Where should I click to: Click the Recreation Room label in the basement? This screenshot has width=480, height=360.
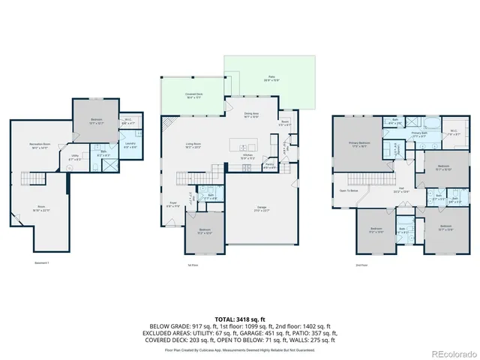click(40, 146)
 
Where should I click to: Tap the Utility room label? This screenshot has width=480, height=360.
click(75, 158)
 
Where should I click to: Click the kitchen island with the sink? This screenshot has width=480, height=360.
click(244, 142)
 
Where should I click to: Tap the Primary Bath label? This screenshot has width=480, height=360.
click(418, 135)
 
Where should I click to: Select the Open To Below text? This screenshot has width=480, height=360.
click(348, 190)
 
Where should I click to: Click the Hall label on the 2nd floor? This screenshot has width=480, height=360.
click(401, 188)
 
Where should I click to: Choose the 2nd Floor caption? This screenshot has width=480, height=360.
click(361, 265)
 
